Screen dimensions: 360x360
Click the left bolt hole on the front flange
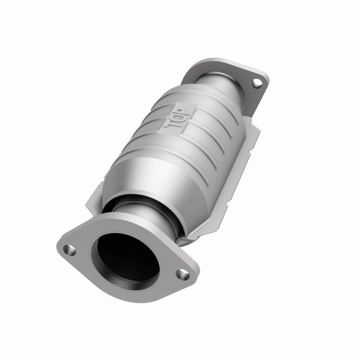click(x=69, y=247)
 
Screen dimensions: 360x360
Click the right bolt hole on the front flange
click(x=183, y=272)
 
